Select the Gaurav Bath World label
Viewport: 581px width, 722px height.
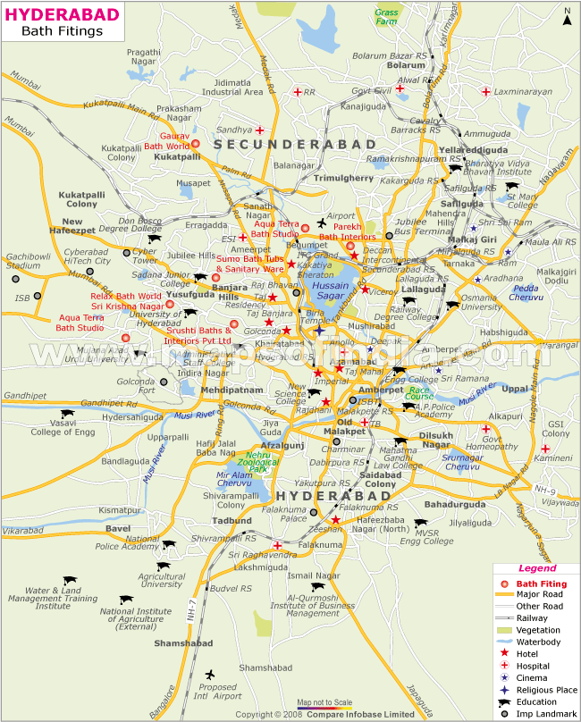pos(167,140)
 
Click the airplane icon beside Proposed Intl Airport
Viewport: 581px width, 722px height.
pos(210,674)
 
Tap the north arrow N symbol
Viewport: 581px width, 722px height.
pos(567,13)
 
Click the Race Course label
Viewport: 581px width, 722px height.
pos(419,394)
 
